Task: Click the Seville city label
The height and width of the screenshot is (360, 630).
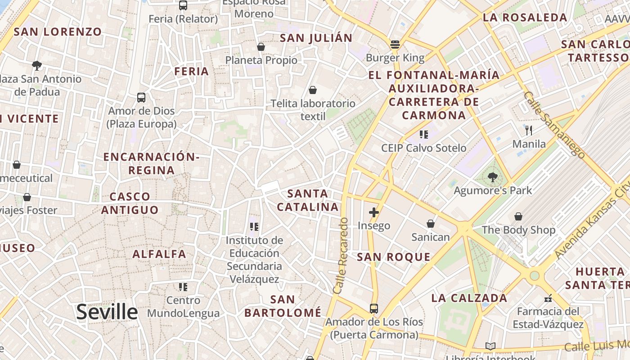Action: pos(107,312)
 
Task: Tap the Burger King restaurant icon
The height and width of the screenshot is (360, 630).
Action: pos(395,45)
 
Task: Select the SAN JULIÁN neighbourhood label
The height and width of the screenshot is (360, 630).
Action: pos(316,38)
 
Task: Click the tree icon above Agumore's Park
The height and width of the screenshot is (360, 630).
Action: pos(493,177)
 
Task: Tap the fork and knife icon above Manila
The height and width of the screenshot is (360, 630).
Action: pos(529,130)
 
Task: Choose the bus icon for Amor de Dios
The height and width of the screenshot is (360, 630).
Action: pos(141,98)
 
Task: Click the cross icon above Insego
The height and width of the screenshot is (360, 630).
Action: pos(374,212)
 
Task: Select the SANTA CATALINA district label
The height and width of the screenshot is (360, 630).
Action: pos(308,200)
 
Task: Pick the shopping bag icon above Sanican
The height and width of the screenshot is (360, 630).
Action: pos(431,224)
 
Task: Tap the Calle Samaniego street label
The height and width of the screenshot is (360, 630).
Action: pos(555,125)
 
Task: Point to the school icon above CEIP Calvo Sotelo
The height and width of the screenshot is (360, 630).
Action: pos(423,134)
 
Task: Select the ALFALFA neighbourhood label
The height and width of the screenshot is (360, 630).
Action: pos(159,254)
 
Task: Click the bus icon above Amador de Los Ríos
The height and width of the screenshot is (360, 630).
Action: pos(374,309)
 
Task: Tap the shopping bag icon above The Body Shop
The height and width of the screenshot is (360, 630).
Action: pos(518,216)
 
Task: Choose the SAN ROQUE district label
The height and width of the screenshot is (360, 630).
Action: pos(394,257)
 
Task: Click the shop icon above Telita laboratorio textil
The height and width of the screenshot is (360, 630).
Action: pos(313,90)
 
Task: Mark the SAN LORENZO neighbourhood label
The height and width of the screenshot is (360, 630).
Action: pos(58,32)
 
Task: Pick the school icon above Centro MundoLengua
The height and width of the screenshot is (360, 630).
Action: pos(183,287)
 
